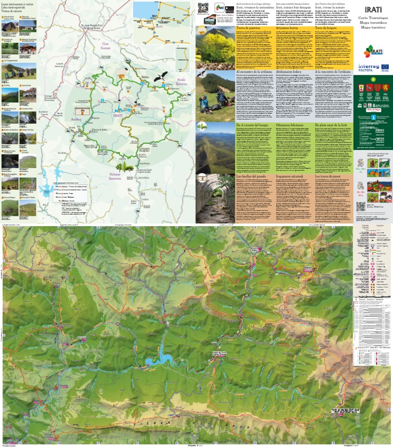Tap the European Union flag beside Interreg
point(384,67)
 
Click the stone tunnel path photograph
point(215,197)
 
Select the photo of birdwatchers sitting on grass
point(215,95)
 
